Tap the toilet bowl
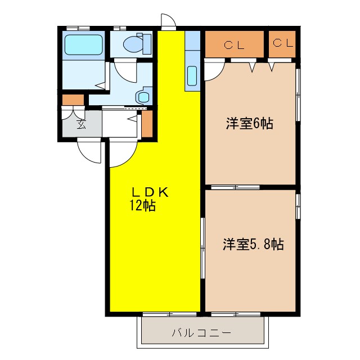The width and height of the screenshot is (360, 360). pos(133,43)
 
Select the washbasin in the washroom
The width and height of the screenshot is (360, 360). pos(143,95)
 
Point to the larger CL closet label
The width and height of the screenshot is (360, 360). pos(233,44)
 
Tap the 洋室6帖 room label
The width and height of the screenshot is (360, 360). pos(250,124)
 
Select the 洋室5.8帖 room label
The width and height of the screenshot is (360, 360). pos(253,244)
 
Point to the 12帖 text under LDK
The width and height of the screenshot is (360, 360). pos(142,205)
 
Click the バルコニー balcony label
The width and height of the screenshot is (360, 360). pos(201,332)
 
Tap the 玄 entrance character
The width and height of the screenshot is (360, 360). pos(81,124)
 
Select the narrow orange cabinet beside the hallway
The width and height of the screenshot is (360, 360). pos(147,124)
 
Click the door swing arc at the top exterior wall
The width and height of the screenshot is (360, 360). pos(168,21)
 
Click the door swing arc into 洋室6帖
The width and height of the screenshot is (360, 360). pos(214,70)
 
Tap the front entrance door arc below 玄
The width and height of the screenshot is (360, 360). pos(89,151)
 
